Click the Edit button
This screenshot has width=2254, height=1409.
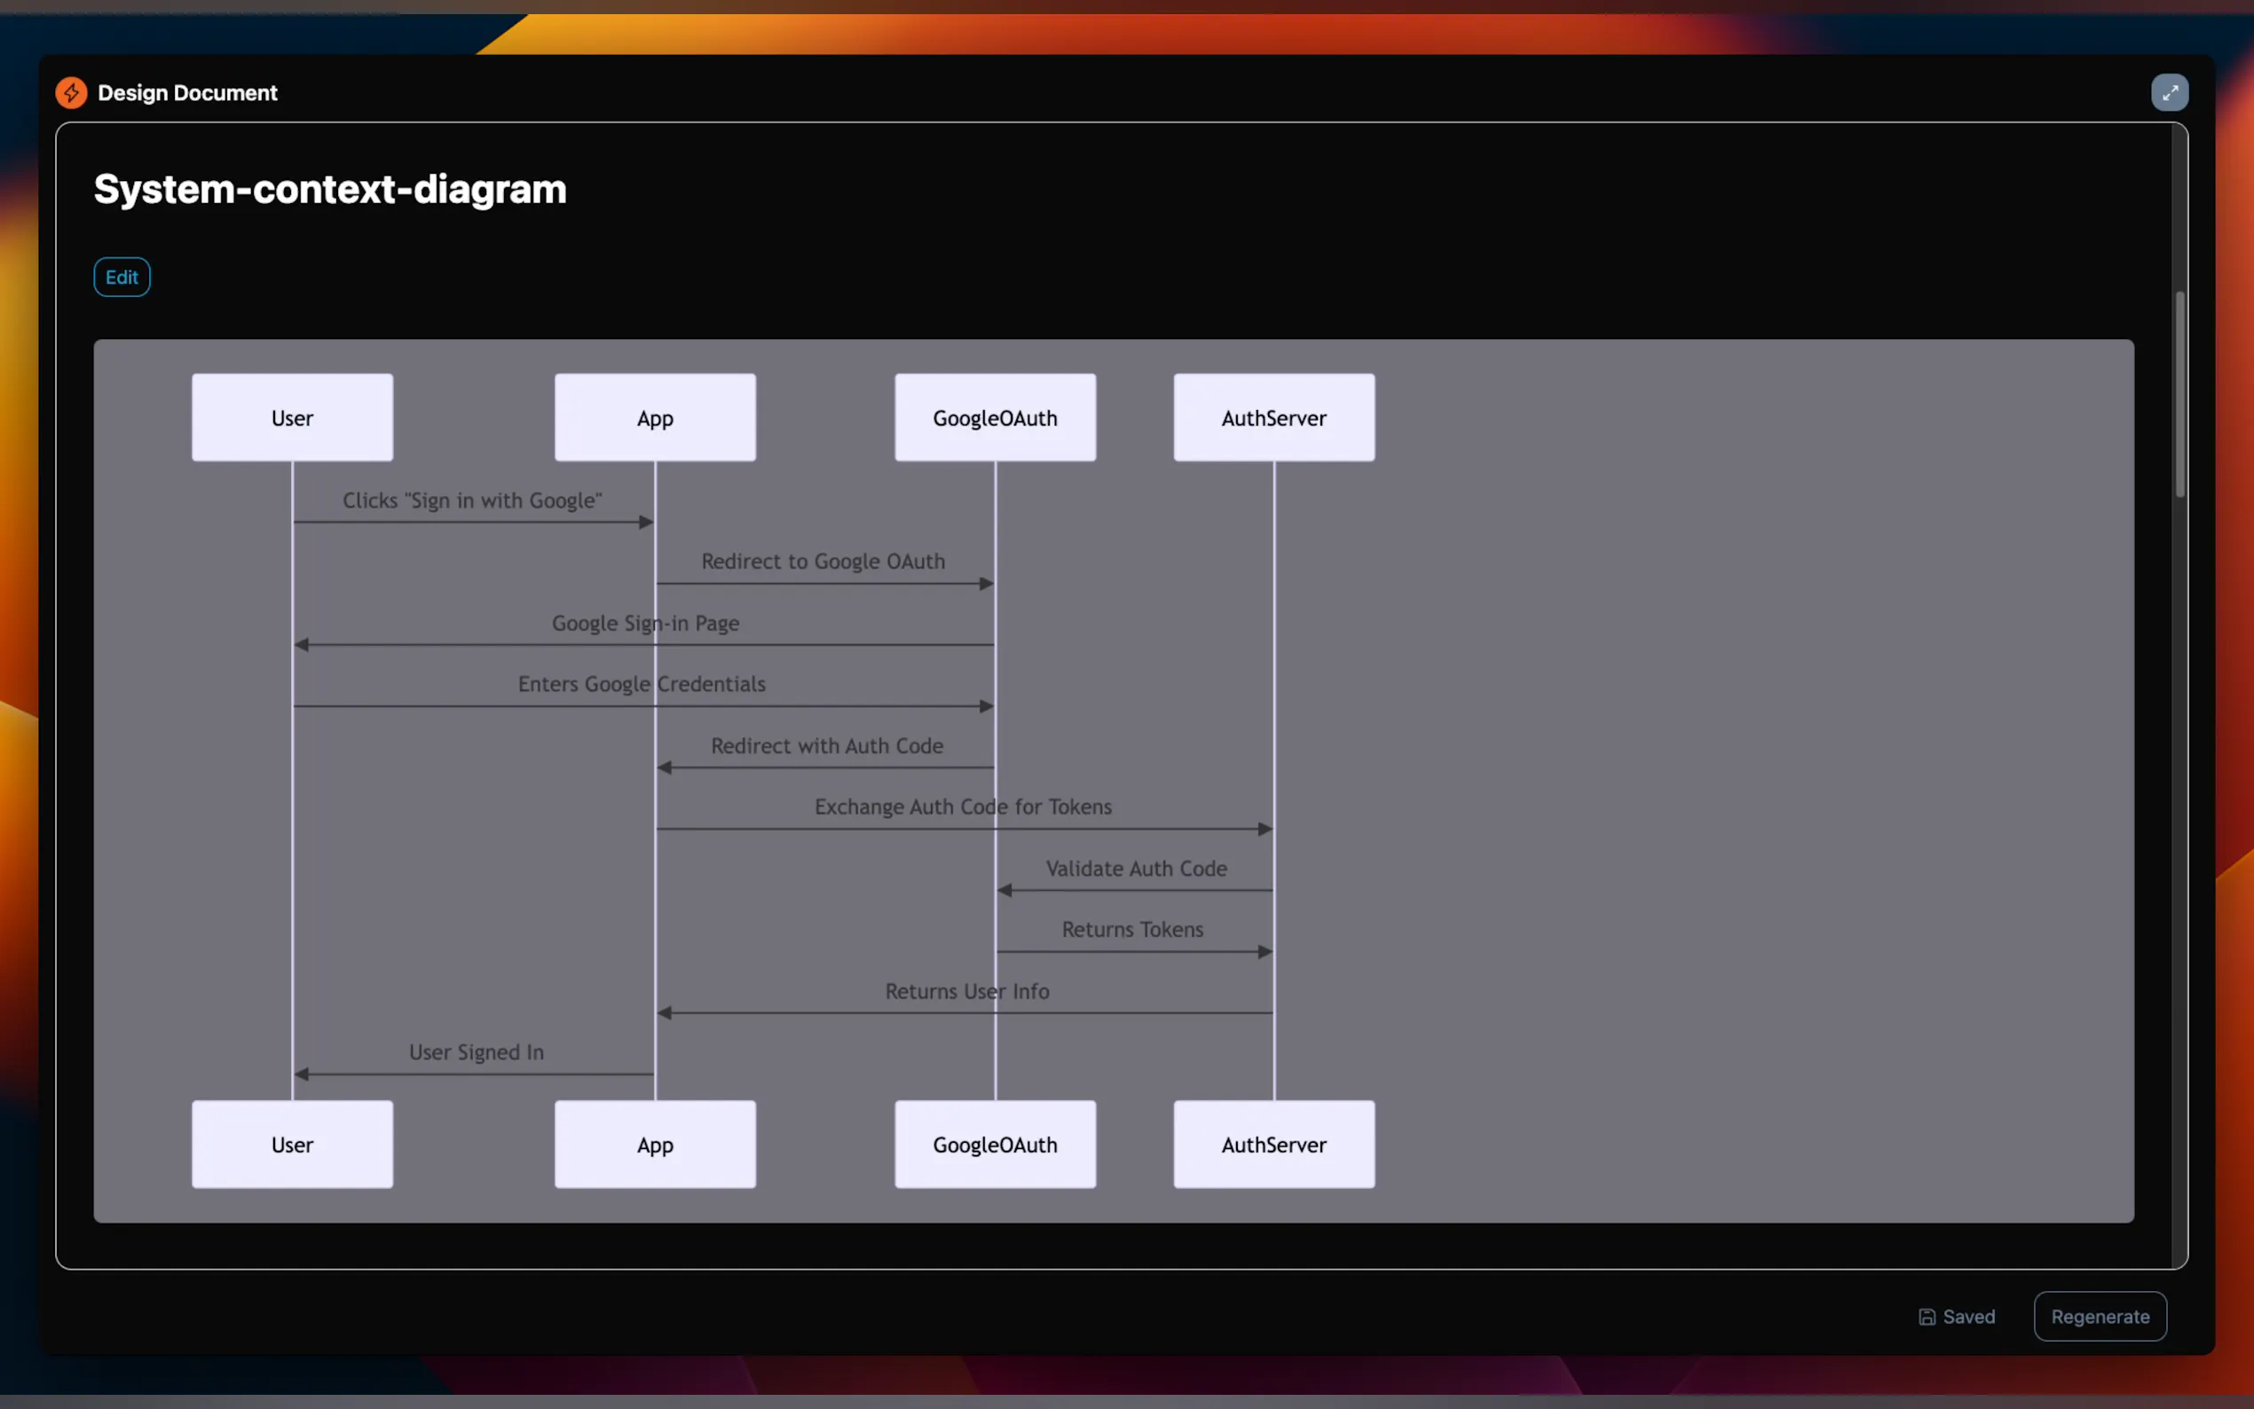[x=122, y=277]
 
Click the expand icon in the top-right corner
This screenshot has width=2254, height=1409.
[x=2169, y=93]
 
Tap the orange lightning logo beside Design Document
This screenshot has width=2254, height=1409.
[x=72, y=93]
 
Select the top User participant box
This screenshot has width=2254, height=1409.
[x=292, y=418]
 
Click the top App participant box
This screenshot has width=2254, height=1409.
[x=655, y=418]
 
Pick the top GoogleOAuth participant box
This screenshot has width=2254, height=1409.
[x=995, y=418]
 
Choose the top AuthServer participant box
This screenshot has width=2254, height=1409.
[x=1273, y=418]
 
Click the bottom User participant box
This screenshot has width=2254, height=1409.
[x=292, y=1145]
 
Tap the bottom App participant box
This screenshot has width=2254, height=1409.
[x=655, y=1145]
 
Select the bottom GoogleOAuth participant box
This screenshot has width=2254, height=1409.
[x=995, y=1145]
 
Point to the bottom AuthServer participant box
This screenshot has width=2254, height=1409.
[x=1273, y=1145]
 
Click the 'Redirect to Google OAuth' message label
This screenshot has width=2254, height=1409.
[x=823, y=561]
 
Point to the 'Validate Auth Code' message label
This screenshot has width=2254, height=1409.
[x=1136, y=869]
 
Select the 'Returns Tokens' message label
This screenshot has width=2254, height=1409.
[x=1132, y=929]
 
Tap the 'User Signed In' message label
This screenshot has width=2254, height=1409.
[x=477, y=1052]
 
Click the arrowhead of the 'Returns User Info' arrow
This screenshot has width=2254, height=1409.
[x=665, y=1013]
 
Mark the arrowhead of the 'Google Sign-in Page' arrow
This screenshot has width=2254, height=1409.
[x=301, y=645]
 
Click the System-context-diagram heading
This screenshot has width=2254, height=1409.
[x=330, y=189]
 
